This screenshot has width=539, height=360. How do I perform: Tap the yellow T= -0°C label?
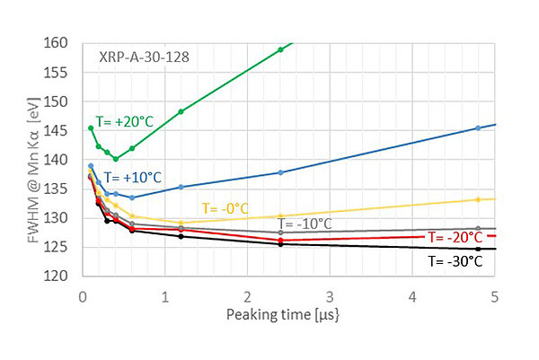click(225, 207)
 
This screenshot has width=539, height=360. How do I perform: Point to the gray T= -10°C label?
click(305, 224)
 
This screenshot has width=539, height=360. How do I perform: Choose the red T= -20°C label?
click(456, 238)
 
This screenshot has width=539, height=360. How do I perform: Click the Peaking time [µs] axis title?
click(288, 314)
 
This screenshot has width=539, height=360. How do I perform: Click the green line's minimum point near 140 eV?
click(116, 159)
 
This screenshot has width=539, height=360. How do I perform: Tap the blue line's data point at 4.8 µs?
click(478, 127)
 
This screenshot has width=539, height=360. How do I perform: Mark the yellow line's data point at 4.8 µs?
click(478, 199)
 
